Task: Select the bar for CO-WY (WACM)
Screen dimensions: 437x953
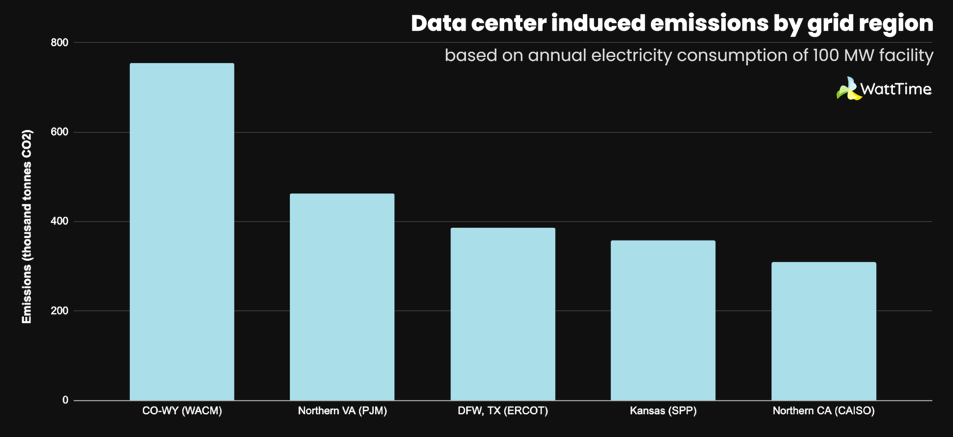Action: click(x=182, y=232)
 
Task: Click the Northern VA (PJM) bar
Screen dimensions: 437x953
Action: click(x=342, y=297)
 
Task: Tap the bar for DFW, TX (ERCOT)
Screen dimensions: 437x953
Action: click(x=503, y=314)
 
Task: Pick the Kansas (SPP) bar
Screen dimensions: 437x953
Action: click(x=663, y=320)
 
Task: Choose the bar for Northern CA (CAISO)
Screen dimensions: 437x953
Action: click(x=823, y=331)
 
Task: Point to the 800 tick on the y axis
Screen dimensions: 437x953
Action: click(x=60, y=43)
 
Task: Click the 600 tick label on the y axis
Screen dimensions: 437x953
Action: click(x=60, y=132)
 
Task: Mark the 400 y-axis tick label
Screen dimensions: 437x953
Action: click(x=60, y=222)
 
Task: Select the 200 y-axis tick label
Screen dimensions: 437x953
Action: click(x=60, y=311)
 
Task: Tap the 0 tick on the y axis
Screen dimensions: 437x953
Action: click(x=65, y=400)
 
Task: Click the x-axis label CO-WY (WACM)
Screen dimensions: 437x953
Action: click(x=182, y=411)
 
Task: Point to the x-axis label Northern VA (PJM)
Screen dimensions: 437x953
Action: click(x=342, y=411)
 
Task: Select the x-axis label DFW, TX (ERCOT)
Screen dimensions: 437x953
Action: click(x=503, y=411)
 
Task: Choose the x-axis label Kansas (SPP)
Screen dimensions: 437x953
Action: click(x=663, y=411)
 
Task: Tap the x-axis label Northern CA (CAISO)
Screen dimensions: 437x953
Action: click(x=823, y=411)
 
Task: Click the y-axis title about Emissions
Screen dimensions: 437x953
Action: click(x=27, y=227)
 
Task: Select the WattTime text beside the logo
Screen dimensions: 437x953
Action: click(x=896, y=89)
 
